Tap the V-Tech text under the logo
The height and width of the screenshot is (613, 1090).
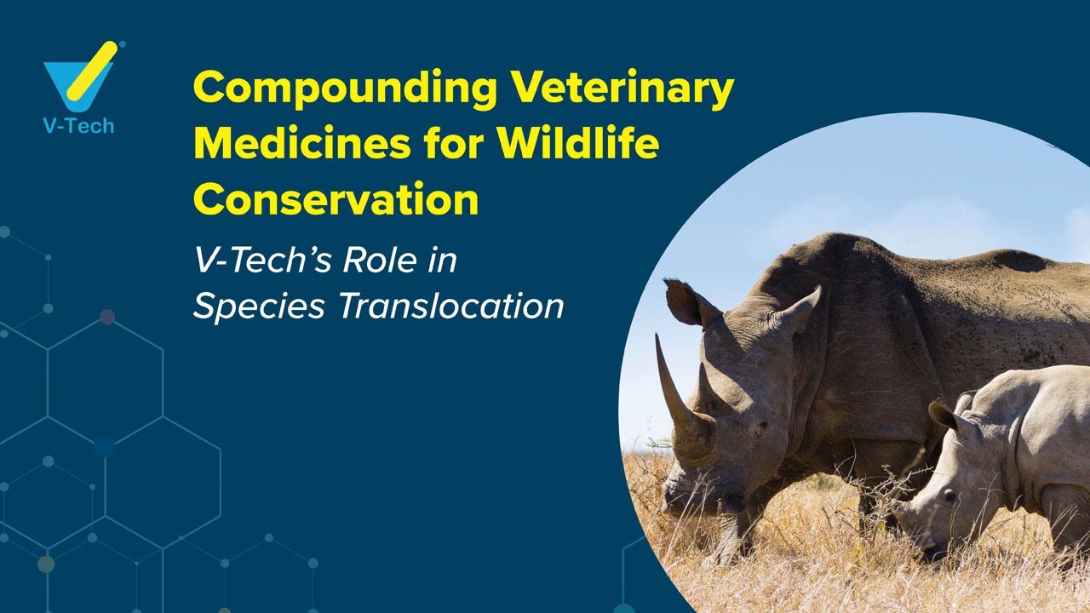(78, 126)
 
